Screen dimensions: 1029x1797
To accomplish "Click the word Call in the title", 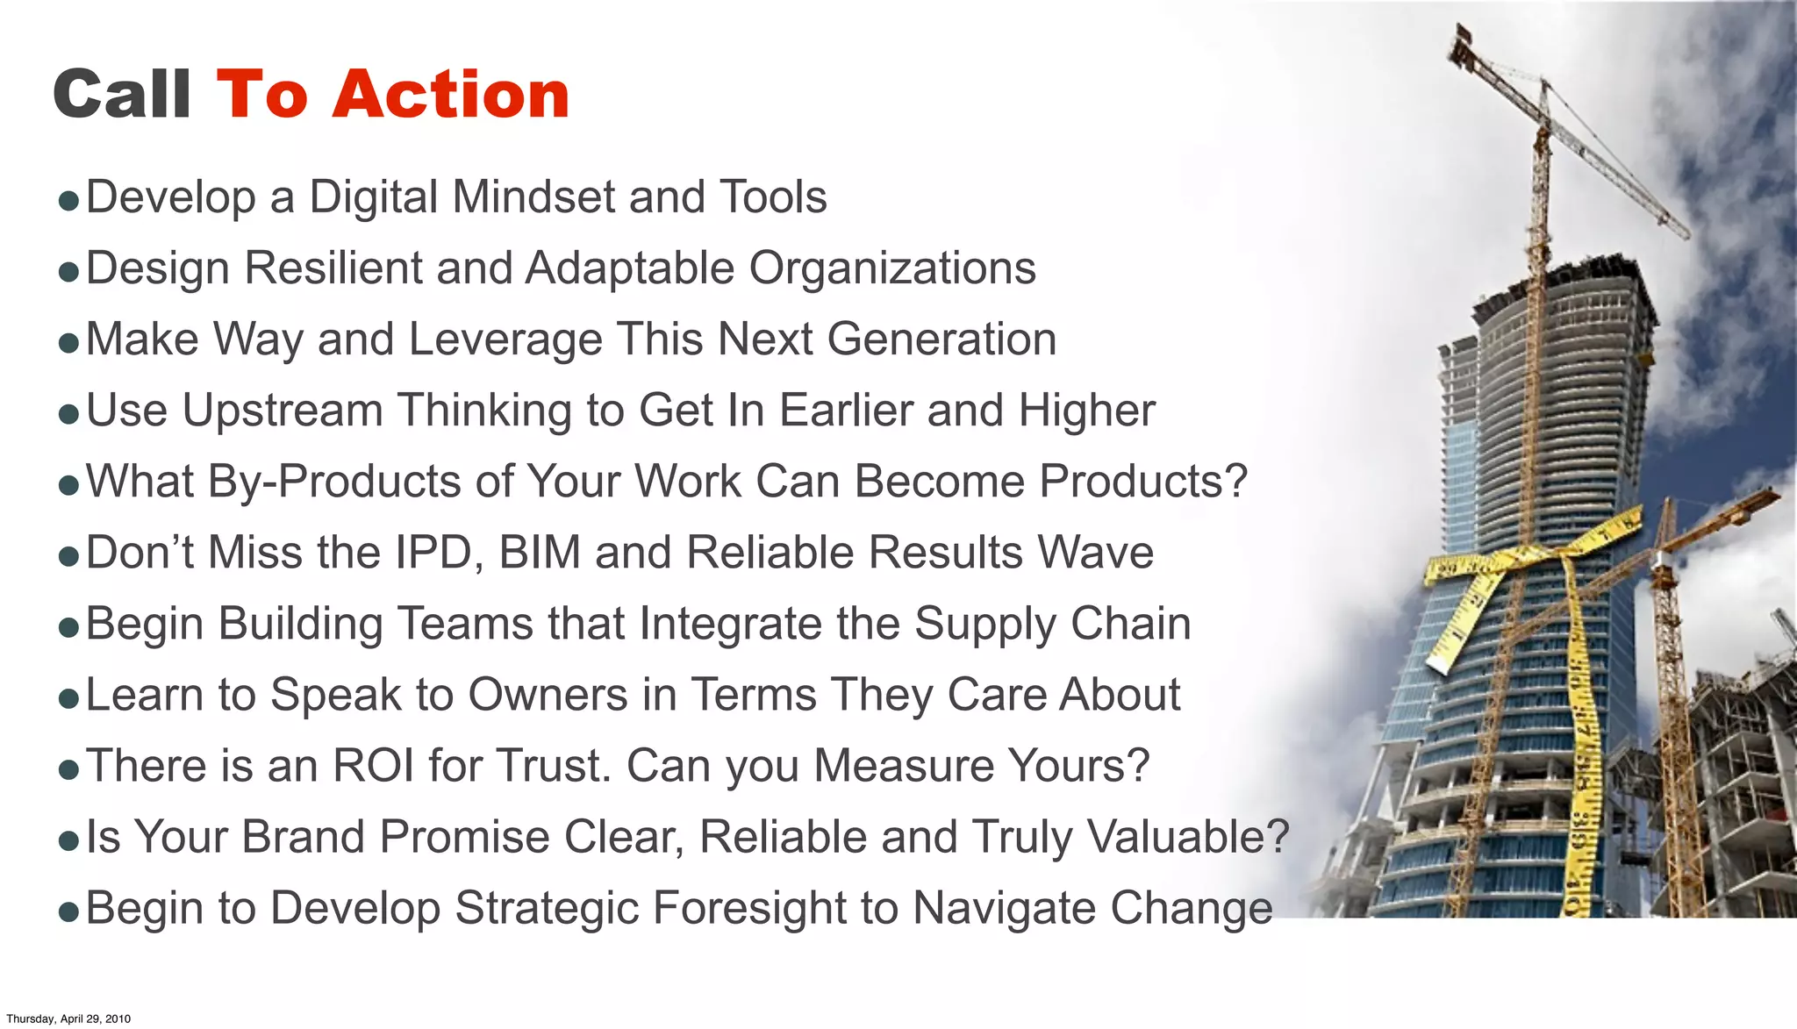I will coord(122,94).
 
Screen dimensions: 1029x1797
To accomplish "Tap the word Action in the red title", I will coord(451,94).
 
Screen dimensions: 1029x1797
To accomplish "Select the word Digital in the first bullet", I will coord(374,197).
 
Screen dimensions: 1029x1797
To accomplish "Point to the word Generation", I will coord(941,339).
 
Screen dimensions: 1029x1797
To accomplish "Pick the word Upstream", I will coord(282,411).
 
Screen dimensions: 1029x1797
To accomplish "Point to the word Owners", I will coord(548,695).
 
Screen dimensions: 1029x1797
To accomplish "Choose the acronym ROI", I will coord(374,766).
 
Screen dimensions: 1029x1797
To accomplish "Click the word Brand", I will coord(303,837).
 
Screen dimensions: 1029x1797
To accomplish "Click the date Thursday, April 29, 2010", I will coord(68,1018).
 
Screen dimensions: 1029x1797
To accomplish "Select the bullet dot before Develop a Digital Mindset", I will coord(68,201).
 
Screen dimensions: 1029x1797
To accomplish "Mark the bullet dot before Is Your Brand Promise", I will coord(68,841).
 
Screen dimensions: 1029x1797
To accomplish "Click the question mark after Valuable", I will coord(1277,837).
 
